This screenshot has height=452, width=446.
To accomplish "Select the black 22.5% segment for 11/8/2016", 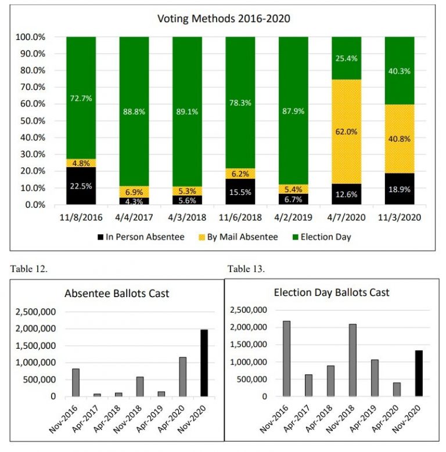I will click(81, 186).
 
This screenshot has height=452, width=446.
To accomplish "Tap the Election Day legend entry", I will click(325, 237).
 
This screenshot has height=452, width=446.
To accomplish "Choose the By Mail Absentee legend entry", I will click(250, 237).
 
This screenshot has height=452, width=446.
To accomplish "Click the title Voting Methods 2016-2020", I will click(224, 19).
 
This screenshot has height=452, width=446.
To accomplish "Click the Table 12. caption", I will click(26, 268).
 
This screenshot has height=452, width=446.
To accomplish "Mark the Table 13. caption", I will click(246, 268).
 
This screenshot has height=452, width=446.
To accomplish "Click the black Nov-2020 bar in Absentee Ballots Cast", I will click(204, 363).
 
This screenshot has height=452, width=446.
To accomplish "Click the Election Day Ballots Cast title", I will click(332, 292).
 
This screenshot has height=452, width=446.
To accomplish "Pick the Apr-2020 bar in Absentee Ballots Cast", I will click(182, 377).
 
